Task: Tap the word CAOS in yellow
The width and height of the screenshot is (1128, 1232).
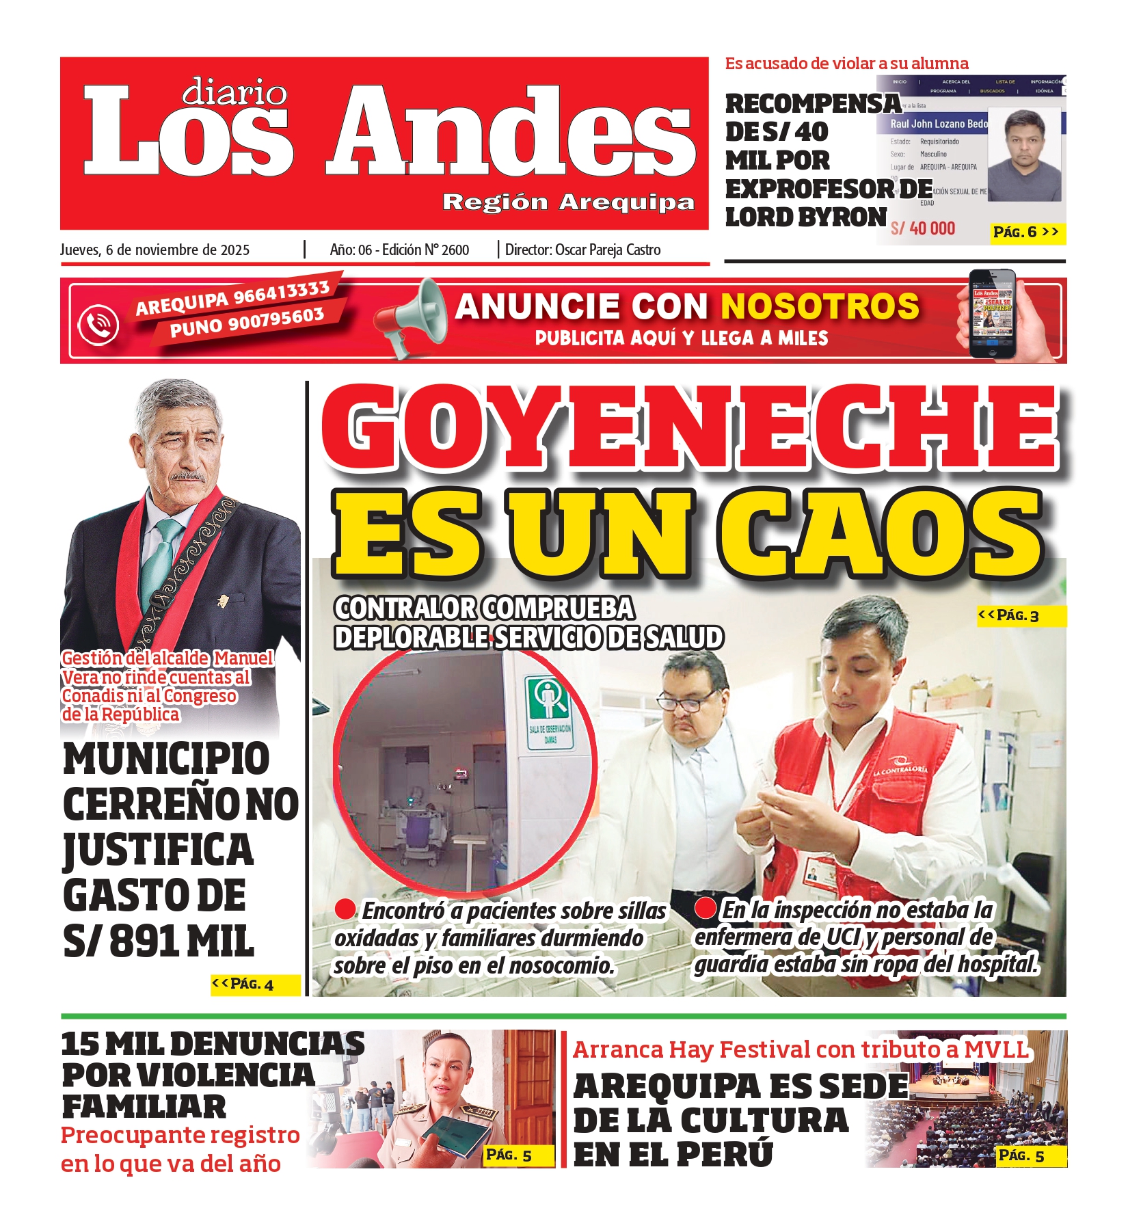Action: pos(882,533)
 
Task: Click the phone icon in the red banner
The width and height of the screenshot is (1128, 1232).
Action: pos(98,324)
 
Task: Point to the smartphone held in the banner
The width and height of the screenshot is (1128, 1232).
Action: pos(993,314)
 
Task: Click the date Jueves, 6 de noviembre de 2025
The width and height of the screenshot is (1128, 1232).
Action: pos(155,250)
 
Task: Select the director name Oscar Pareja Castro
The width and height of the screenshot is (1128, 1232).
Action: pos(608,250)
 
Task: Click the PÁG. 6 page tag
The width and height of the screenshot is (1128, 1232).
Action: pos(1025,232)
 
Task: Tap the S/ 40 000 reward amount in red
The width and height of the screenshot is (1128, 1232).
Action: pos(923,229)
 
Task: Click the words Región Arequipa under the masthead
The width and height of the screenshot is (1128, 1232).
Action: pos(568,202)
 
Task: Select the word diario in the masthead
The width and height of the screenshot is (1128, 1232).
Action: pos(234,92)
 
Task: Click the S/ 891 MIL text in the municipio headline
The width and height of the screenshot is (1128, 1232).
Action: pos(159,941)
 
